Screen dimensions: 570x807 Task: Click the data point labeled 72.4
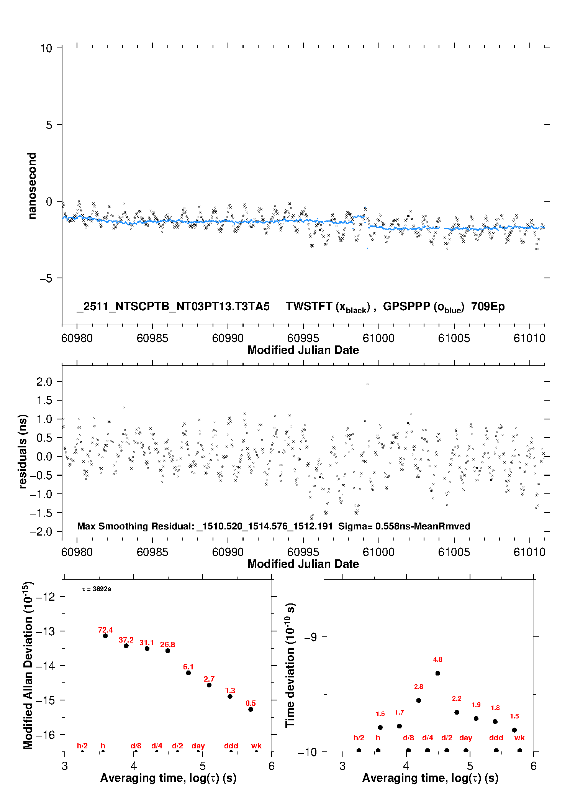tap(105, 636)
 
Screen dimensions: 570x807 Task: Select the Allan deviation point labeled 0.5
tap(251, 709)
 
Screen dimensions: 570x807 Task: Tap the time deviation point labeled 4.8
tap(437, 673)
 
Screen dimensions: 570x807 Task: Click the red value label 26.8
tap(167, 644)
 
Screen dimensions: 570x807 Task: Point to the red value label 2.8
tap(418, 687)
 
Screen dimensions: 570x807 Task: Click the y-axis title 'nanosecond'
tap(32, 186)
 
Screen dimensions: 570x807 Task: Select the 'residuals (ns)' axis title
tap(23, 451)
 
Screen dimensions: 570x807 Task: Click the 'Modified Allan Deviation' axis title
tap(28, 665)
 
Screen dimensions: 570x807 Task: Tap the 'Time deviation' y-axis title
tap(290, 665)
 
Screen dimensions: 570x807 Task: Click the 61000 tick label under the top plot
tap(378, 338)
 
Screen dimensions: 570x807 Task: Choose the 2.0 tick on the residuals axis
tap(44, 381)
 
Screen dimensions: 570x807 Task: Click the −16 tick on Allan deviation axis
tap(45, 735)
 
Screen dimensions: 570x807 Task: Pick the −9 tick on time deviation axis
tap(310, 637)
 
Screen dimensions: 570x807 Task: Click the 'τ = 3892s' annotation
tap(97, 589)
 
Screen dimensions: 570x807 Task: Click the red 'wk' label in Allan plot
tap(256, 746)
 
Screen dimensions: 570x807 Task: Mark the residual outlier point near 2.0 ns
tap(367, 384)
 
